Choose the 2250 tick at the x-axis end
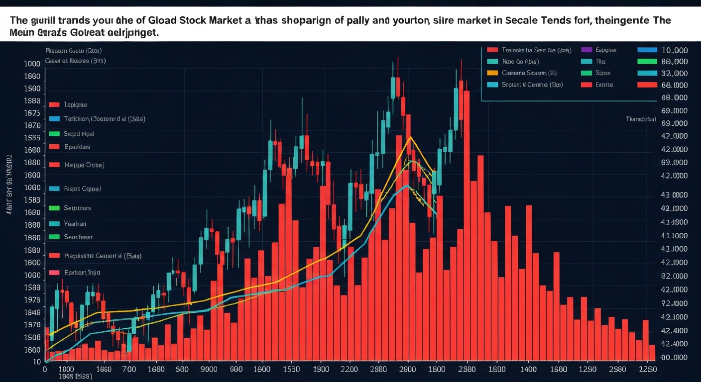tap(647, 370)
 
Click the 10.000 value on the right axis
tap(674, 50)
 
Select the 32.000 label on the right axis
tap(674, 73)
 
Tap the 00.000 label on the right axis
tap(674, 358)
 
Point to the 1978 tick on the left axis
tap(31, 300)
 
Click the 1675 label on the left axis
tap(31, 113)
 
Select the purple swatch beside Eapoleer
tap(586, 50)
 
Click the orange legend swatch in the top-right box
tap(492, 73)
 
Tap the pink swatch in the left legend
tap(55, 273)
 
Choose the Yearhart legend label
tap(75, 224)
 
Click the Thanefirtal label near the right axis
tap(641, 119)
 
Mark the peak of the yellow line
tap(410, 137)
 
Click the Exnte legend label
tap(604, 85)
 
